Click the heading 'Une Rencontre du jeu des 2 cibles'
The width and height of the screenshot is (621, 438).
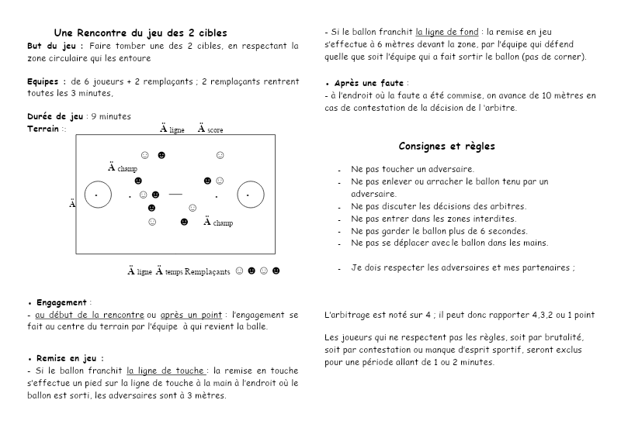pyautogui.click(x=141, y=33)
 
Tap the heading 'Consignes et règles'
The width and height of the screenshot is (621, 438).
pyautogui.click(x=446, y=146)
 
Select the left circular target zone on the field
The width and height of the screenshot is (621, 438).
pyautogui.click(x=96, y=195)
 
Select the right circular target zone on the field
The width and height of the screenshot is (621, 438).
pyautogui.click(x=250, y=195)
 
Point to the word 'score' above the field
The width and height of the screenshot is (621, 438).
pyautogui.click(x=215, y=130)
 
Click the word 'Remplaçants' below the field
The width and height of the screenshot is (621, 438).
pyautogui.click(x=207, y=272)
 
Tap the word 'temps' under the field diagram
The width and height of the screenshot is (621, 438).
pyautogui.click(x=175, y=273)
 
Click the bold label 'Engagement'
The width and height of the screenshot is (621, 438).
pyautogui.click(x=62, y=302)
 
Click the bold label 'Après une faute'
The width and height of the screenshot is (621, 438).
pyautogui.click(x=369, y=82)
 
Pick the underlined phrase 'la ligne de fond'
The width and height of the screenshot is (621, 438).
pyautogui.click(x=446, y=33)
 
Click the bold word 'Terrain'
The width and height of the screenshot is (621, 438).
pyautogui.click(x=43, y=129)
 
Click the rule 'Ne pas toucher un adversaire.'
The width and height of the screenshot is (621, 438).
pyautogui.click(x=412, y=169)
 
